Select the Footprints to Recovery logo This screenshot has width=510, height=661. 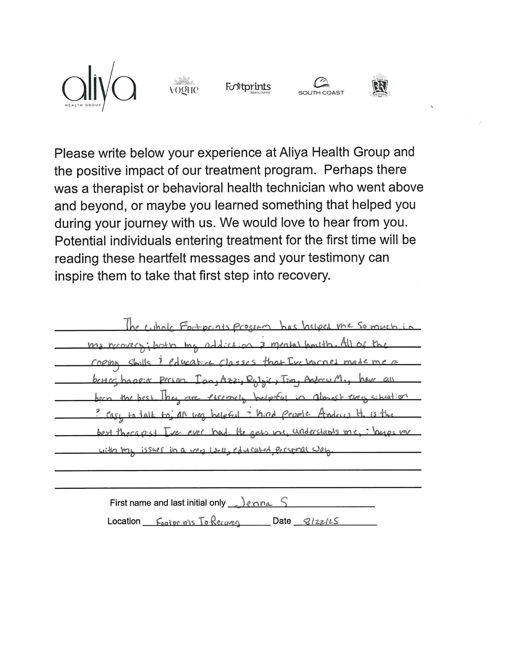(x=248, y=88)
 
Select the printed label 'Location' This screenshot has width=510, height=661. (x=124, y=521)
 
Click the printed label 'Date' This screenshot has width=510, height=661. (x=282, y=521)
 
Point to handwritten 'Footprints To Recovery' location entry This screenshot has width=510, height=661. (x=198, y=522)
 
